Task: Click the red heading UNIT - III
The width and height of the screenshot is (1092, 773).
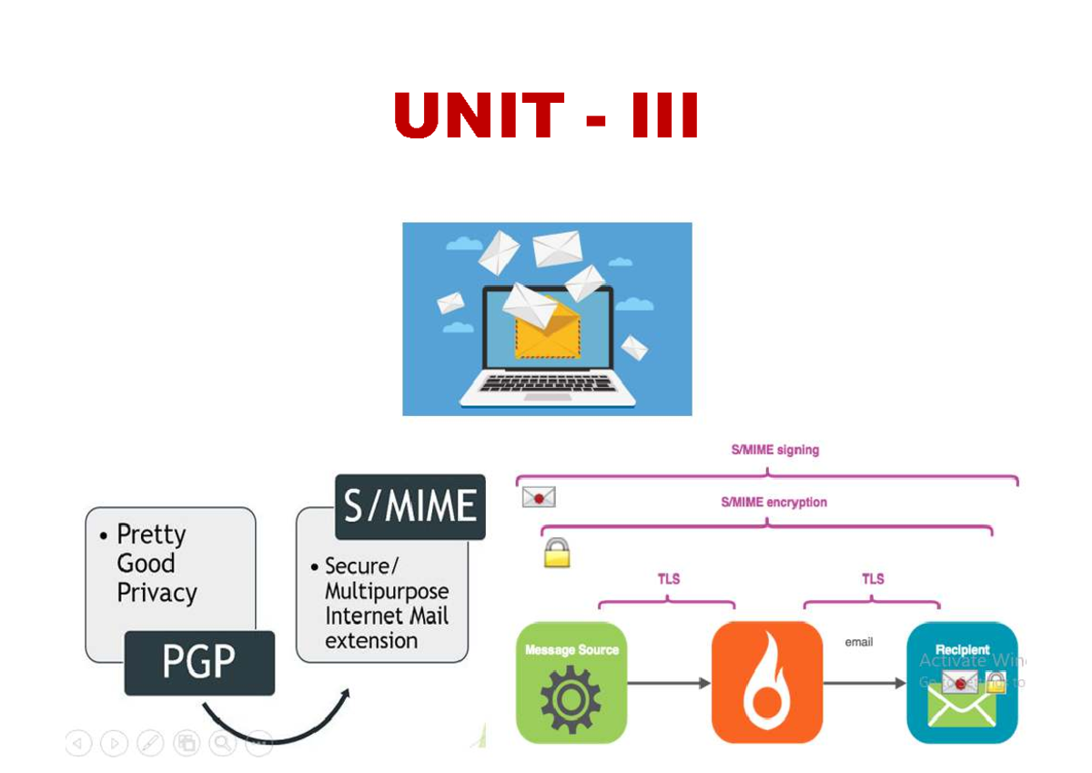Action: point(547,116)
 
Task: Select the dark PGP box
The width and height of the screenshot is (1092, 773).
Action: point(199,662)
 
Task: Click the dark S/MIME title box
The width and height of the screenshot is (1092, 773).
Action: point(410,506)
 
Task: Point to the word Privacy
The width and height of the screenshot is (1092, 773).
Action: point(157,594)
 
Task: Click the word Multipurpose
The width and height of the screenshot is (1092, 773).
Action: point(387,591)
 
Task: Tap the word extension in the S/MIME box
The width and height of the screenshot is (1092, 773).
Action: point(371,640)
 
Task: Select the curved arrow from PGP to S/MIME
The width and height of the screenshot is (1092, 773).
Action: point(273,724)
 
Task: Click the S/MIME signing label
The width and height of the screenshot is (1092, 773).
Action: point(775,450)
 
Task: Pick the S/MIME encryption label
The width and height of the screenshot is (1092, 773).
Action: point(773,502)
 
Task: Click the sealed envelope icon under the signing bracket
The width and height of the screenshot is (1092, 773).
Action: point(539,497)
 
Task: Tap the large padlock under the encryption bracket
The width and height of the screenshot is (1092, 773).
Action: point(557,553)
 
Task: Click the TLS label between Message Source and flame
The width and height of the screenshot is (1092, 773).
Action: point(669,578)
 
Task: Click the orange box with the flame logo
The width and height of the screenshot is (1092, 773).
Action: point(766,682)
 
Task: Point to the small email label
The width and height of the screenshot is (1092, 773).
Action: point(858,642)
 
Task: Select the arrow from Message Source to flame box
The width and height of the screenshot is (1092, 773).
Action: point(669,683)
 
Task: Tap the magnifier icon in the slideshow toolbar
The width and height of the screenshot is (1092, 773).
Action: point(222,743)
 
